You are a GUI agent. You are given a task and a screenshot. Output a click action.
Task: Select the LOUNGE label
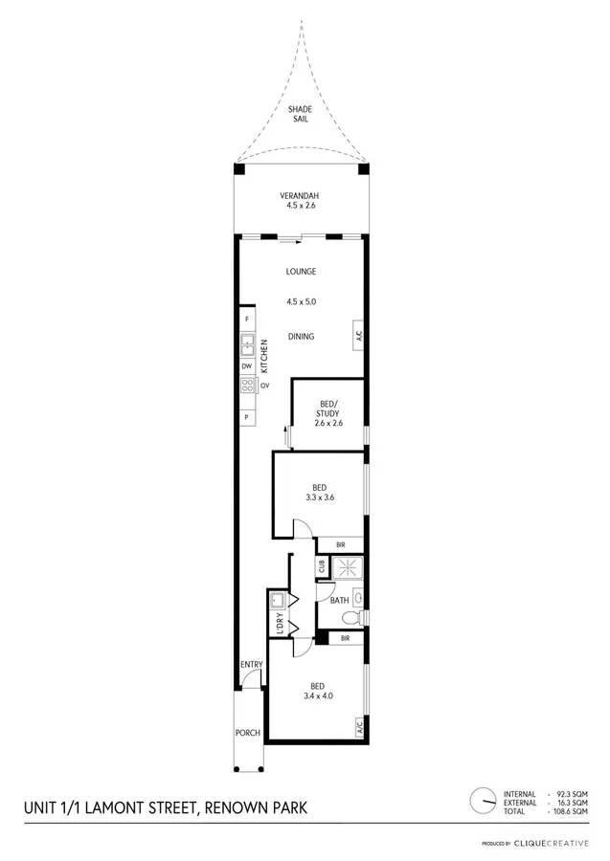(301, 272)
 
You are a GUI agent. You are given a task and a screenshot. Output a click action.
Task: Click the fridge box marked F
(247, 318)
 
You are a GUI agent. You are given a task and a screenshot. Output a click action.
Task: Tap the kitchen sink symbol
(247, 343)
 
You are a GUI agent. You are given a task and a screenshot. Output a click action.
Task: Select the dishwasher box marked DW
(247, 366)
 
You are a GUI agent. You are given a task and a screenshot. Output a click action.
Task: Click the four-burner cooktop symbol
(247, 386)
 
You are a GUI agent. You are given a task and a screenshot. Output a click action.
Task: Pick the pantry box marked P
(247, 418)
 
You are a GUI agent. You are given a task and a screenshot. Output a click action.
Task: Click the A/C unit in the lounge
(357, 336)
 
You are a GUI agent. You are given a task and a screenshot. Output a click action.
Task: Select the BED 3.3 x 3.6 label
(320, 492)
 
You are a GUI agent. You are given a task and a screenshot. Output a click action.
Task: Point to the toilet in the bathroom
(357, 599)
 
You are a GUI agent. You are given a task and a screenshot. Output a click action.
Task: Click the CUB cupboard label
(323, 566)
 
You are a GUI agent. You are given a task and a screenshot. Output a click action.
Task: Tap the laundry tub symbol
(278, 600)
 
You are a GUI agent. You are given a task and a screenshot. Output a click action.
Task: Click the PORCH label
(248, 734)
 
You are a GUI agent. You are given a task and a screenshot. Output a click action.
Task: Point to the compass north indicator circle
(484, 800)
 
